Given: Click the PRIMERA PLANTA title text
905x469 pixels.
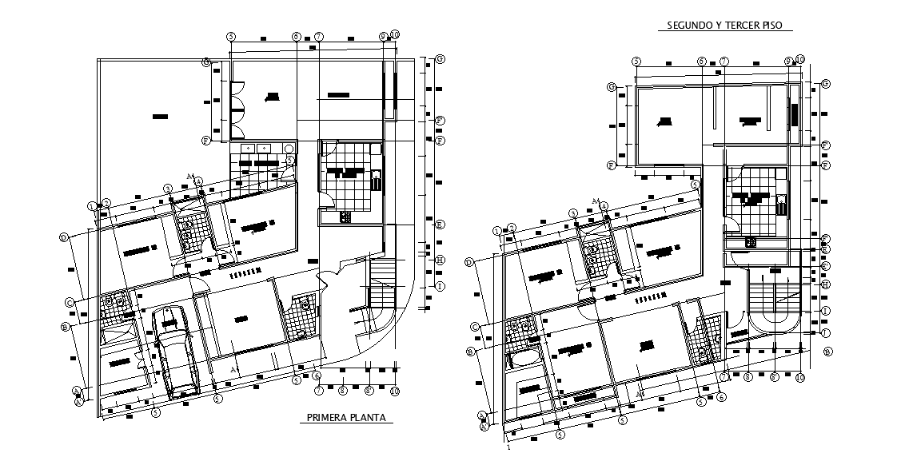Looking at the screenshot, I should (346, 417).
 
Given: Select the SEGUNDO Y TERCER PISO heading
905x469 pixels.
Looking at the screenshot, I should (724, 26).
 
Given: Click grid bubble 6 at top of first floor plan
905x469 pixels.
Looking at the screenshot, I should (296, 36).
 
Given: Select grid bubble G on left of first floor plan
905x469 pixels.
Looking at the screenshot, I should (206, 62).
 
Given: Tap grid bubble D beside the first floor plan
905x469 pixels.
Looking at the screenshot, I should (62, 236).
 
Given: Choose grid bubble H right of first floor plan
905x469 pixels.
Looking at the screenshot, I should (440, 260).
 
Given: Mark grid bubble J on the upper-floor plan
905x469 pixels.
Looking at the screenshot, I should (826, 332).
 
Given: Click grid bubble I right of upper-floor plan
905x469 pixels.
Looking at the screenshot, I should (826, 311).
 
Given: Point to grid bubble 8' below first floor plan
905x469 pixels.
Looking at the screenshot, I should (342, 391).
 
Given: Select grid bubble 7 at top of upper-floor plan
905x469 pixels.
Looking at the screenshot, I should (724, 61).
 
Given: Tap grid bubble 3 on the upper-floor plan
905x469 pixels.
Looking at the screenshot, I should (573, 213).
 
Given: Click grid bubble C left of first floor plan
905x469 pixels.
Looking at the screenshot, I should (70, 302).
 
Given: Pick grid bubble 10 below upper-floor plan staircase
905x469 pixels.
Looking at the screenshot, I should (799, 376).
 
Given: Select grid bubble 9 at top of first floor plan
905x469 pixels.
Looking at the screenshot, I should (383, 36).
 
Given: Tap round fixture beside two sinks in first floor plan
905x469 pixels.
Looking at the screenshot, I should (288, 149).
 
